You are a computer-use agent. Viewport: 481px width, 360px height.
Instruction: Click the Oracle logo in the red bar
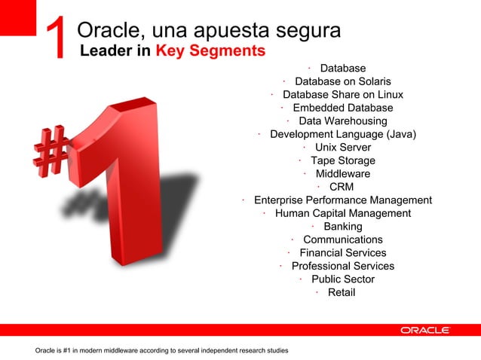click(425, 330)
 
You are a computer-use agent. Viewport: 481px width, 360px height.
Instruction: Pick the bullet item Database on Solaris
click(342, 81)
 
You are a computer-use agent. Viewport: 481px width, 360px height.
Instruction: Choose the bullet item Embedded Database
click(342, 108)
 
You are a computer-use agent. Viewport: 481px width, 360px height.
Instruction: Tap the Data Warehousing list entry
click(342, 121)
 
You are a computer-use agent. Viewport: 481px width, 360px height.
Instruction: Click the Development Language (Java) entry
click(343, 134)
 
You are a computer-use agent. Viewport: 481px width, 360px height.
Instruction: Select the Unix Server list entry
click(342, 147)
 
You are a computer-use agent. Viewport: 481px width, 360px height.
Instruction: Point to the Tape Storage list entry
click(342, 160)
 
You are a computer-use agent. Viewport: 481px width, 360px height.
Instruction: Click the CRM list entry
click(342, 187)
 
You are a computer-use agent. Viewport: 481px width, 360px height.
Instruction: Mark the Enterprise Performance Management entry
click(342, 200)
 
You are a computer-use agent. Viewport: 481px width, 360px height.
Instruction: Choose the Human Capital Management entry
click(342, 213)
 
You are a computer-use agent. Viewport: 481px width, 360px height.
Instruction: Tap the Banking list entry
click(342, 227)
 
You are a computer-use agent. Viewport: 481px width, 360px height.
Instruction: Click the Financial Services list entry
click(342, 253)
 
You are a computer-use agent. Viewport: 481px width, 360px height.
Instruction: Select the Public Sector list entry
click(342, 279)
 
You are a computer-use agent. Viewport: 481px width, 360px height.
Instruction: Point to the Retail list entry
click(341, 292)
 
